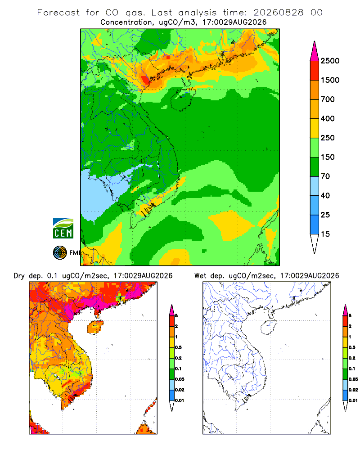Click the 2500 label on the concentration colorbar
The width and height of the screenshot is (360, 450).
tap(330, 61)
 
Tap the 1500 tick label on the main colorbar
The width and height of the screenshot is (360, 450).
tap(330, 80)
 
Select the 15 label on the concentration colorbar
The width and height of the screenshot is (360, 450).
tap(325, 234)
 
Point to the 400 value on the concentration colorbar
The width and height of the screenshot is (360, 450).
tap(328, 118)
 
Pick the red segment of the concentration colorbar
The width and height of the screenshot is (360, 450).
tap(315, 71)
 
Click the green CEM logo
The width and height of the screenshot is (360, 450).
tap(63, 228)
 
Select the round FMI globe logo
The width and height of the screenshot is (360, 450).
tap(60, 253)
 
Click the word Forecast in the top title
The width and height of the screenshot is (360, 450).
tap(58, 13)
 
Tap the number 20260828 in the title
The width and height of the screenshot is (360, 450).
tap(278, 13)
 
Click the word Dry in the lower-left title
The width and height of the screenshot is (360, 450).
tap(19, 276)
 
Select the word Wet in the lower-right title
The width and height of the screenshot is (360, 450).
tap(200, 276)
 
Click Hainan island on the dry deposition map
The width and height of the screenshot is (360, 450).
tap(95, 327)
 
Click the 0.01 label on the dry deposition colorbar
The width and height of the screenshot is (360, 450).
tap(180, 400)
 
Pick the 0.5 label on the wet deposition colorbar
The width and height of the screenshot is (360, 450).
tap(352, 347)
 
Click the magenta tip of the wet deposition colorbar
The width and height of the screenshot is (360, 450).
tap(345, 310)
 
